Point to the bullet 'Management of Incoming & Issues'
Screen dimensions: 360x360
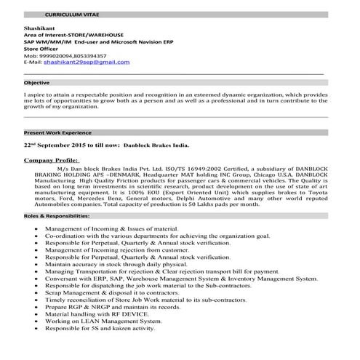coord(111,228)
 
